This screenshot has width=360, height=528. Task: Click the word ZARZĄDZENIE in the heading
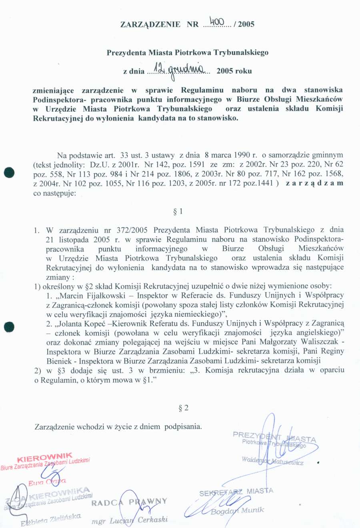[150, 24]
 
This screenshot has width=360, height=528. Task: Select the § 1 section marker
[178, 211]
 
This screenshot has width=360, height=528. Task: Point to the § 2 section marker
[184, 408]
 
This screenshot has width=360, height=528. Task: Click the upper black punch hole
[9, 173]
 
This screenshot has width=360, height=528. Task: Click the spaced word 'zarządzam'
[314, 183]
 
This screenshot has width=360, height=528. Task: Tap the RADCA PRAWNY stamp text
[129, 502]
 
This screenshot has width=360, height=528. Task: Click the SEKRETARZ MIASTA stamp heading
[236, 492]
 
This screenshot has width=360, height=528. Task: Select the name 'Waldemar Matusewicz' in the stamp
[272, 461]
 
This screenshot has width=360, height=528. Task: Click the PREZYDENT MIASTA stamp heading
[274, 437]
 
